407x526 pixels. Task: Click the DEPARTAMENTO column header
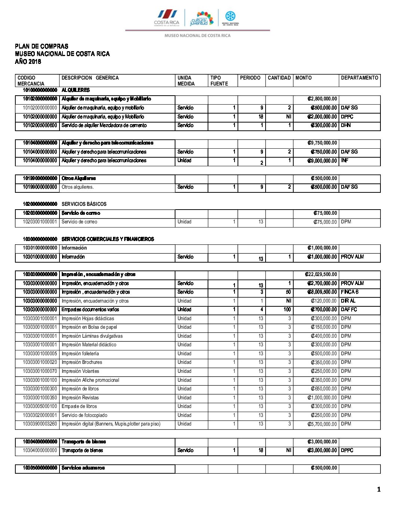359,78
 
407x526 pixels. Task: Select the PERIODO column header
250,78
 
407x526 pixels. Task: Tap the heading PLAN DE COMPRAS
42,46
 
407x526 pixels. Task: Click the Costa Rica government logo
167,18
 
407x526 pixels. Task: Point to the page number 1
379,489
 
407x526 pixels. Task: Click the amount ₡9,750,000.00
322,143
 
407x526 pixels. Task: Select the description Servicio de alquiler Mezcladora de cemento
104,126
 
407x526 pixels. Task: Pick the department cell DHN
346,126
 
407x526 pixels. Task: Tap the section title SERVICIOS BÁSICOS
84,204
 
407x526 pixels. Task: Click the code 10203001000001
40,222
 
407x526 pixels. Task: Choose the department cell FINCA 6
349,292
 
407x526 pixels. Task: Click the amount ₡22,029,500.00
321,275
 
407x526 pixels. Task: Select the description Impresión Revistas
80,398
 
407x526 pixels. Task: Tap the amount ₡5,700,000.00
322,424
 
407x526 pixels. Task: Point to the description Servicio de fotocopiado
84,415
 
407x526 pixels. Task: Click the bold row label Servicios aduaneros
83,468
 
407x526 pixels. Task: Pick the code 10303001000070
40,371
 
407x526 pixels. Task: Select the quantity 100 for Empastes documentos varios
287,310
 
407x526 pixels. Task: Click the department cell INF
345,161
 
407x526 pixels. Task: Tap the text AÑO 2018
28,62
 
